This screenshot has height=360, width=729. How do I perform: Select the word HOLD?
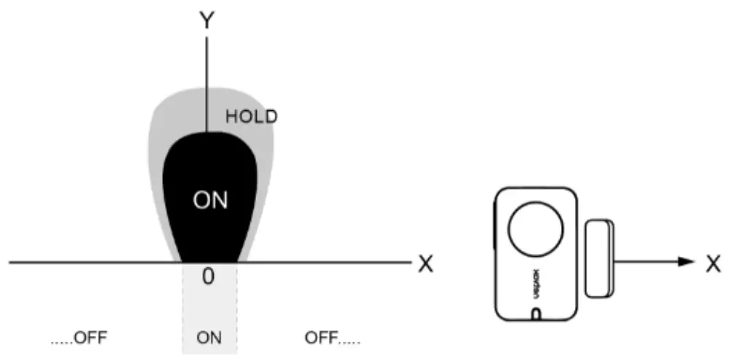252,116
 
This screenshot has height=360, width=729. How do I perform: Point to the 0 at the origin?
208,278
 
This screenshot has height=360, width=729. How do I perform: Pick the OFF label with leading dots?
79,339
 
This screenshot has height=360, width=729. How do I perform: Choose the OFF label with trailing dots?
332,339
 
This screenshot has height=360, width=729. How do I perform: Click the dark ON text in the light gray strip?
209,339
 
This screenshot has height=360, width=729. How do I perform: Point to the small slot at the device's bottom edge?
536,314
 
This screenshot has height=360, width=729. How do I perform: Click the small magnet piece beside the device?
600,258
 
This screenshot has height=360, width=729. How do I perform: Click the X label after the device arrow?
713,264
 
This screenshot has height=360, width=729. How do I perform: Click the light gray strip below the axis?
209,310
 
